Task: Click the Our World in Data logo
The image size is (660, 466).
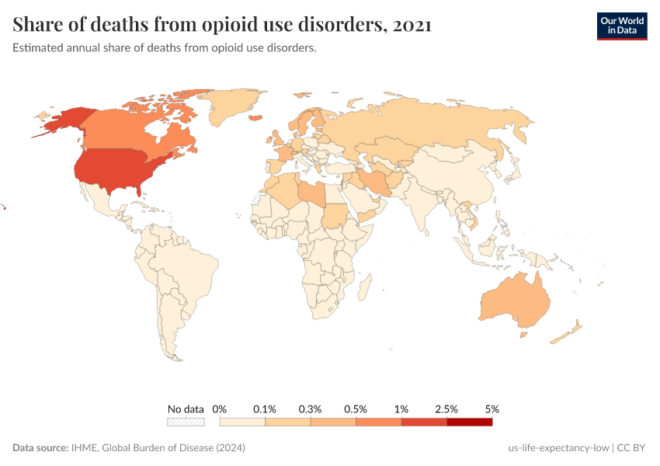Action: (621, 25)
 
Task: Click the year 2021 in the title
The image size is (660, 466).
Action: (412, 25)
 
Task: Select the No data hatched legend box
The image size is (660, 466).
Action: (186, 422)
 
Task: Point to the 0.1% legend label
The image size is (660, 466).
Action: (265, 409)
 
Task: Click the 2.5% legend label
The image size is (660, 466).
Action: (446, 409)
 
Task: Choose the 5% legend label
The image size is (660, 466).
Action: (492, 409)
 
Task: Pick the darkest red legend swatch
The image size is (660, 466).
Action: (470, 422)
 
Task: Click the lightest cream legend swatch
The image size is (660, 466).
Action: (242, 422)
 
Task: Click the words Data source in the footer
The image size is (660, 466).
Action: (40, 448)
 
